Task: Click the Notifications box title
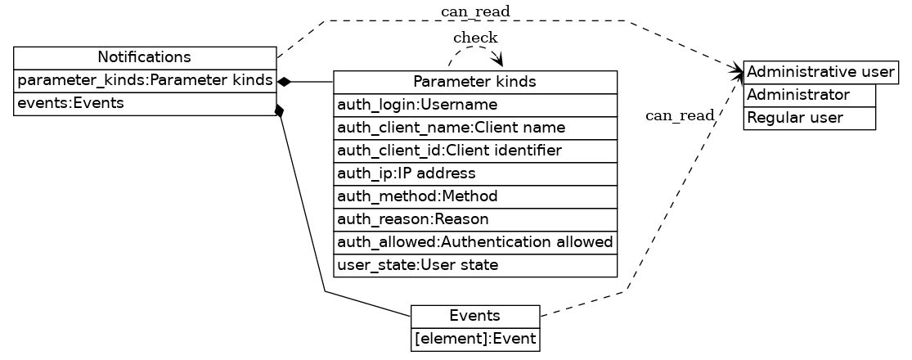pyautogui.click(x=145, y=57)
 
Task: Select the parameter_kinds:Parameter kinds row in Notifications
pyautogui.click(x=145, y=81)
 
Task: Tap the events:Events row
pyautogui.click(x=145, y=104)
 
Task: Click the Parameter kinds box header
pyautogui.click(x=474, y=82)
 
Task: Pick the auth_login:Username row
pyautogui.click(x=474, y=106)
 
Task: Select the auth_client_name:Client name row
pyautogui.click(x=474, y=128)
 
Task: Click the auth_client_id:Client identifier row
pyautogui.click(x=474, y=151)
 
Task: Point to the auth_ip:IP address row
pyautogui.click(x=474, y=174)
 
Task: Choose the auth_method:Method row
pyautogui.click(x=474, y=197)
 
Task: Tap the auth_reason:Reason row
pyautogui.click(x=474, y=220)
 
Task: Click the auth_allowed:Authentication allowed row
pyautogui.click(x=474, y=243)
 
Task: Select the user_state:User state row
pyautogui.click(x=474, y=266)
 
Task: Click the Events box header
pyautogui.click(x=475, y=317)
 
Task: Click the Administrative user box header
pyautogui.click(x=820, y=72)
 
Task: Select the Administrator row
pyautogui.click(x=809, y=95)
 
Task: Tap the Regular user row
pyautogui.click(x=809, y=118)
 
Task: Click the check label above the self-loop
pyautogui.click(x=475, y=38)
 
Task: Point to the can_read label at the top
pyautogui.click(x=475, y=11)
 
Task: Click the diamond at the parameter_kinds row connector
pyautogui.click(x=284, y=82)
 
